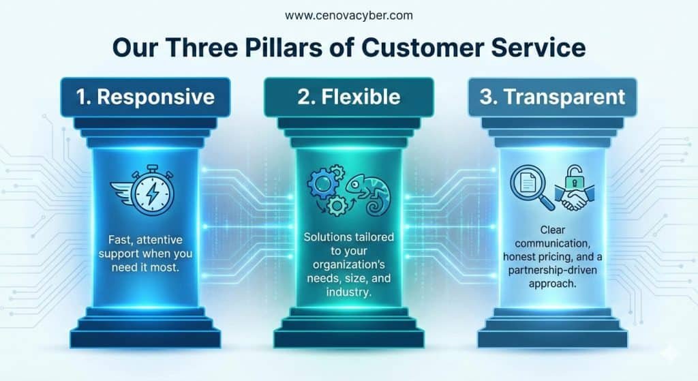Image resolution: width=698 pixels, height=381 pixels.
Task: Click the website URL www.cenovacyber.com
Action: click(x=349, y=16)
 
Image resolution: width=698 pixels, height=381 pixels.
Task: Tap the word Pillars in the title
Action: click(x=284, y=47)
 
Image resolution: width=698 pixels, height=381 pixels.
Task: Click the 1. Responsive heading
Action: click(x=145, y=97)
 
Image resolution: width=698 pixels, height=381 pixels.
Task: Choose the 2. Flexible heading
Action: click(x=349, y=97)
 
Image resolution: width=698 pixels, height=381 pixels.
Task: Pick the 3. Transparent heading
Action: click(x=552, y=97)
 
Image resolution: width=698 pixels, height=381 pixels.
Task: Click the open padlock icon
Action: click(x=574, y=177)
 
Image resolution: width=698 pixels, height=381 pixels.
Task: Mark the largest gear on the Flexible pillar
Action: click(x=322, y=183)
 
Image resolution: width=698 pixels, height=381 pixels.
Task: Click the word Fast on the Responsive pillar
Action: click(x=120, y=240)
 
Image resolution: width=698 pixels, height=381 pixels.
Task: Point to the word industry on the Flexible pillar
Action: click(x=348, y=292)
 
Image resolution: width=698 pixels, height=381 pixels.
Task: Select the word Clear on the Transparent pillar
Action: click(x=552, y=230)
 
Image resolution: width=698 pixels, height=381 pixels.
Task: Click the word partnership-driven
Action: click(x=552, y=270)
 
